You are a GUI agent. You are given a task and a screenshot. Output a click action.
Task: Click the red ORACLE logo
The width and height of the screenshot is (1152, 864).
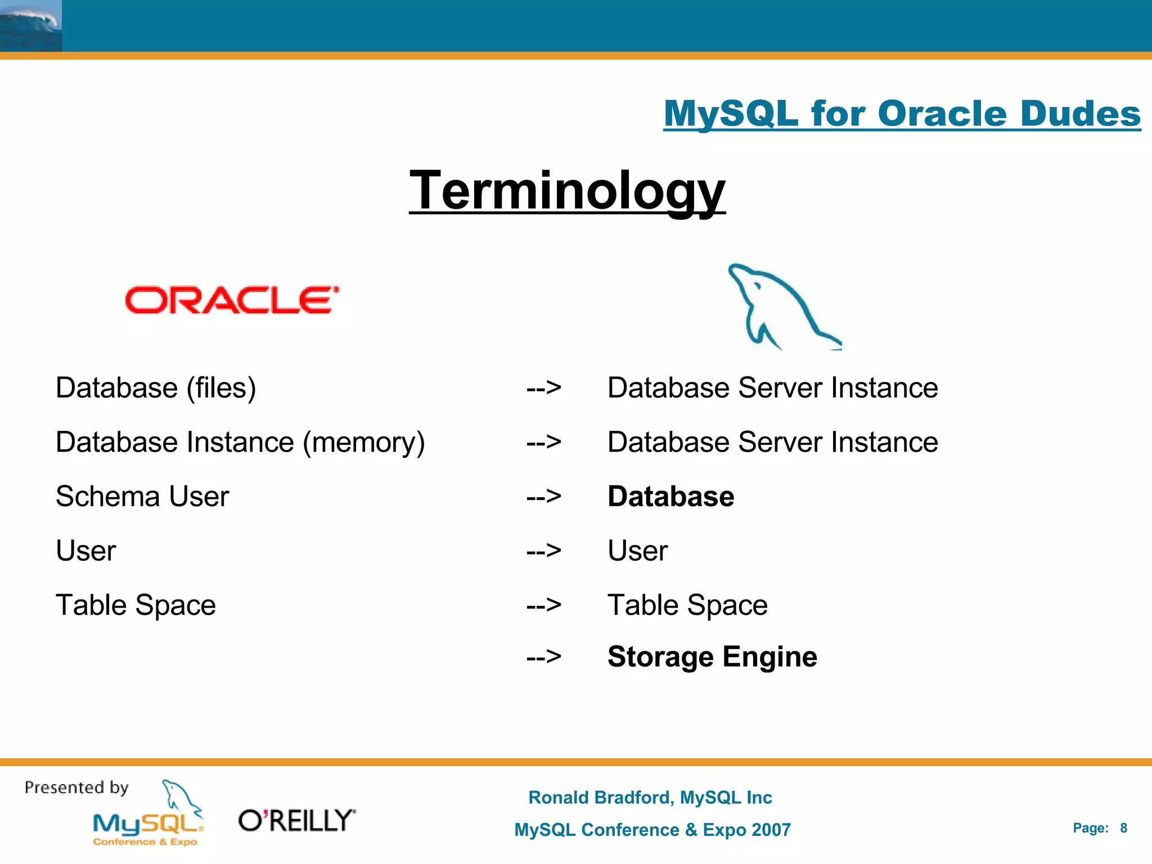pyautogui.click(x=232, y=300)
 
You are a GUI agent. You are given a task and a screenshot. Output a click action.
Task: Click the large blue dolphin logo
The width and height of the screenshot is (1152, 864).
pyautogui.click(x=782, y=307)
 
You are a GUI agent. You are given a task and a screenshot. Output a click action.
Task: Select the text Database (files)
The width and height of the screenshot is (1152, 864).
pyautogui.click(x=156, y=388)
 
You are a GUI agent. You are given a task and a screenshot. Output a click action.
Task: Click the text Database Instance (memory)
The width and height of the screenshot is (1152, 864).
pyautogui.click(x=240, y=442)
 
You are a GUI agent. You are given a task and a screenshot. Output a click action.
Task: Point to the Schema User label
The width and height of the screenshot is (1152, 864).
pyautogui.click(x=142, y=497)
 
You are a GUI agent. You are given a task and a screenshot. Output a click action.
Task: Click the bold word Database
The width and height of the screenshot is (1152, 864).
pyautogui.click(x=670, y=497)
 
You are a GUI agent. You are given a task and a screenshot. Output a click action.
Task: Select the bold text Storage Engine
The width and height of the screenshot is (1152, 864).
pyautogui.click(x=712, y=657)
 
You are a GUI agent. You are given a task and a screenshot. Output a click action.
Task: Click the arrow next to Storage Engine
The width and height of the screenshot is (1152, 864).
pyautogui.click(x=543, y=657)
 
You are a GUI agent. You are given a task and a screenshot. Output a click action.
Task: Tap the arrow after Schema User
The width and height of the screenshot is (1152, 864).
pyautogui.click(x=543, y=497)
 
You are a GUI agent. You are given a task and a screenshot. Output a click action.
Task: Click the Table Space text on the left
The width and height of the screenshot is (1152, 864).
pyautogui.click(x=136, y=605)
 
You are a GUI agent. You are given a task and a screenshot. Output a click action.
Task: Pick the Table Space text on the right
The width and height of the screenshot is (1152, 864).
pyautogui.click(x=687, y=605)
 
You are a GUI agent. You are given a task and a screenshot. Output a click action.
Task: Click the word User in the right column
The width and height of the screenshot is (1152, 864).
pyautogui.click(x=637, y=551)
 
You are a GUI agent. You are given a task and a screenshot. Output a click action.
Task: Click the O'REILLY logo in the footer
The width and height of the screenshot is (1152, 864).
pyautogui.click(x=297, y=821)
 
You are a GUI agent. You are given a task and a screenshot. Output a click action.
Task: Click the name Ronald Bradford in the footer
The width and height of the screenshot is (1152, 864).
pyautogui.click(x=600, y=798)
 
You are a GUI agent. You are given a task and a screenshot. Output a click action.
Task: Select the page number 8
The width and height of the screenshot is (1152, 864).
pyautogui.click(x=1123, y=828)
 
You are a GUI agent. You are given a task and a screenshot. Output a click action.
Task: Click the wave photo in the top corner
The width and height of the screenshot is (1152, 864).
pyautogui.click(x=30, y=25)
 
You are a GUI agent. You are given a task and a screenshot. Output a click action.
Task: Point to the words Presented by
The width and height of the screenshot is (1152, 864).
pyautogui.click(x=76, y=787)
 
